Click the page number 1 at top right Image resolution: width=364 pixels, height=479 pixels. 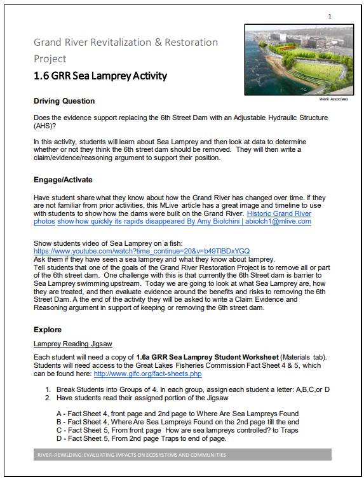click(329, 15)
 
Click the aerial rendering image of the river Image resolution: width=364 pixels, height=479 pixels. click(297, 60)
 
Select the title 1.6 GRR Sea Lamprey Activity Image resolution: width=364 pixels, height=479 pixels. click(100, 76)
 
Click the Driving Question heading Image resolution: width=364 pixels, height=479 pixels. click(64, 101)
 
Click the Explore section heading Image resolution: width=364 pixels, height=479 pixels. click(48, 330)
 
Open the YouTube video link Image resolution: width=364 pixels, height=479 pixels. click(142, 251)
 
